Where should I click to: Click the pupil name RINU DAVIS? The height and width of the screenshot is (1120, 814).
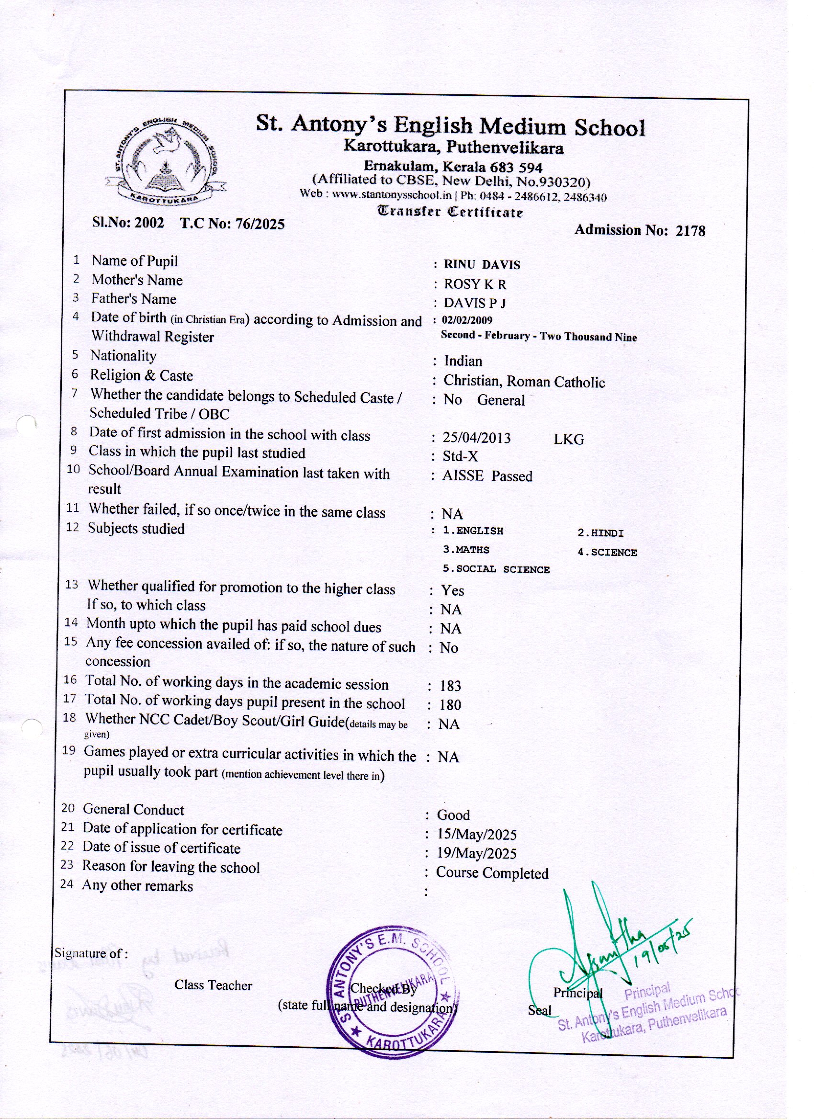482,265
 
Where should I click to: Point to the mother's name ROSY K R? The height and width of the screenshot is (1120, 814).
475,284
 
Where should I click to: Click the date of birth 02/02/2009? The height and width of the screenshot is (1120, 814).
467,320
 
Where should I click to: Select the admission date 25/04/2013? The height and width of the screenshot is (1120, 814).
476,438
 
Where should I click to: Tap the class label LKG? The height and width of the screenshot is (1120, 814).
568,440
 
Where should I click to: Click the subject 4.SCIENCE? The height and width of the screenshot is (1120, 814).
607,553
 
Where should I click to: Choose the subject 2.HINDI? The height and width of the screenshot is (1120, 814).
600,533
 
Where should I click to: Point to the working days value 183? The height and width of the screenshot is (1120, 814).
450,686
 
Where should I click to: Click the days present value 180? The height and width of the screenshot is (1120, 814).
450,705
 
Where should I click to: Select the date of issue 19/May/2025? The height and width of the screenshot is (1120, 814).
476,854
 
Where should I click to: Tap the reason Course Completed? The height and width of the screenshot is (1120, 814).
492,873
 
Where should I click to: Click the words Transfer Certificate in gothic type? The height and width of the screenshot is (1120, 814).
450,212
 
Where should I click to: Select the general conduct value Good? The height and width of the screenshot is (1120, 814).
453,815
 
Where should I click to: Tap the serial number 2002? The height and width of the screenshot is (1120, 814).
149,223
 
